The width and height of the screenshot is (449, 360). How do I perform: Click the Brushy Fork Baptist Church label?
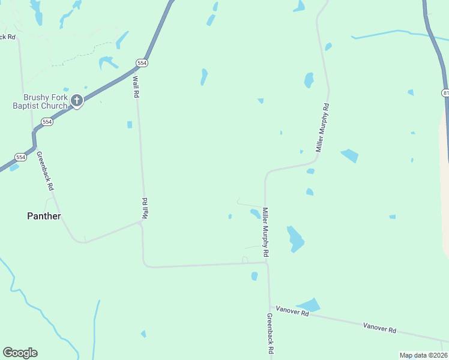(x=45, y=101)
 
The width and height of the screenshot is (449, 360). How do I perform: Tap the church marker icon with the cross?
(x=76, y=101)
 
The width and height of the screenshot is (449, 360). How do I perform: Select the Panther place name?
(x=44, y=216)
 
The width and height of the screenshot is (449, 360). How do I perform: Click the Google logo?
(x=20, y=353)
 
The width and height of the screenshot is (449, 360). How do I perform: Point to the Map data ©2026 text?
(x=423, y=355)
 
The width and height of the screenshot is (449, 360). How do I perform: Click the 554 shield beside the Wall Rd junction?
(x=141, y=62)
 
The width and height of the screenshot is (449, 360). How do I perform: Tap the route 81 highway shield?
(x=445, y=93)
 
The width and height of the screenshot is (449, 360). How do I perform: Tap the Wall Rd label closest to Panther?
(x=145, y=208)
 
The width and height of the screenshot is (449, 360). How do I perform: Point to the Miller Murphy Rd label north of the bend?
(x=322, y=127)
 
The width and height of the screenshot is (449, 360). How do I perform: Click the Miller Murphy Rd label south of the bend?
(x=265, y=233)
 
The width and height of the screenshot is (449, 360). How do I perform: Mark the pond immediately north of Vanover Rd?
(x=309, y=304)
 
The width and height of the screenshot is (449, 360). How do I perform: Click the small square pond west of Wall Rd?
(x=130, y=125)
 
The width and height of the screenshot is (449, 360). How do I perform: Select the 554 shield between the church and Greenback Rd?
(x=47, y=122)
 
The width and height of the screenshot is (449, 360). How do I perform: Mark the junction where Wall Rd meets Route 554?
(x=134, y=71)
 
